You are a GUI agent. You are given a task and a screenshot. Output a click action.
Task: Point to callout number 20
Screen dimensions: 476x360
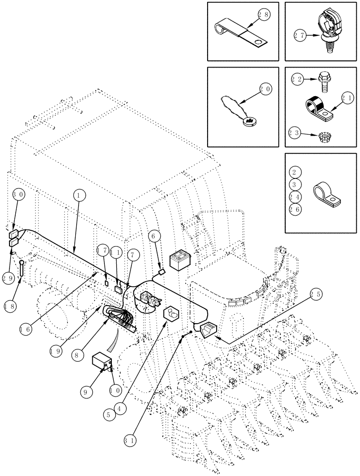coord(266,89)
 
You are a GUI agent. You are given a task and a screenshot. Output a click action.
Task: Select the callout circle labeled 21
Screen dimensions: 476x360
coord(347,99)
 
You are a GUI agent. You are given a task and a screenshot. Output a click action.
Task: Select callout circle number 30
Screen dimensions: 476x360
coord(18,193)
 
